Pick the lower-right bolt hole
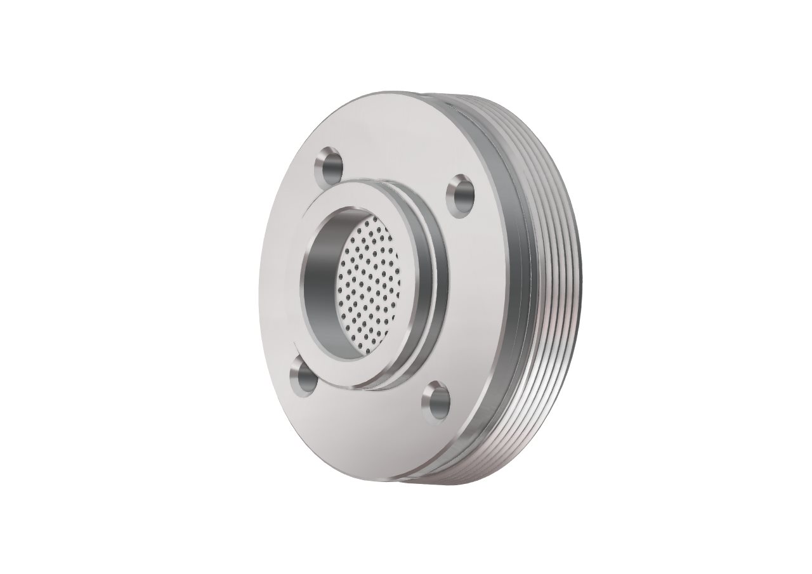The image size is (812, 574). click(436, 400)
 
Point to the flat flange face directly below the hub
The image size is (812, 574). click(368, 431)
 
